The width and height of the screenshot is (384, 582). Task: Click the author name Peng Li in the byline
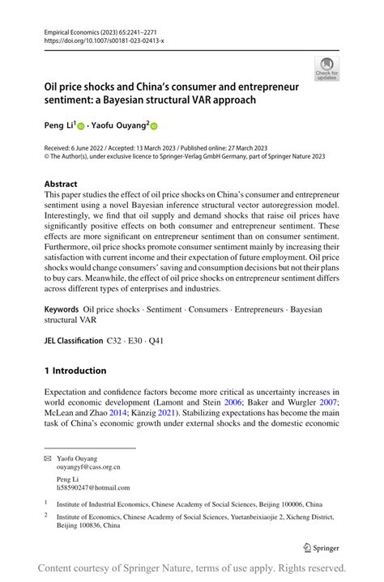click(x=58, y=125)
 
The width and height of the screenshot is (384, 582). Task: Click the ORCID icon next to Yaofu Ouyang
click(x=154, y=126)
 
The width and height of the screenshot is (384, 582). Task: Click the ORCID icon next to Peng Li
click(x=80, y=126)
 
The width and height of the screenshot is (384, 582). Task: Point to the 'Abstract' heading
click(x=61, y=184)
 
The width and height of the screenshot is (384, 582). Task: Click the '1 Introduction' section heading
click(x=75, y=371)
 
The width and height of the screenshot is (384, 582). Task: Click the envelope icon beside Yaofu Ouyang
click(x=47, y=458)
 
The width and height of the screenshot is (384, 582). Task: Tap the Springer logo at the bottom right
click(x=321, y=546)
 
